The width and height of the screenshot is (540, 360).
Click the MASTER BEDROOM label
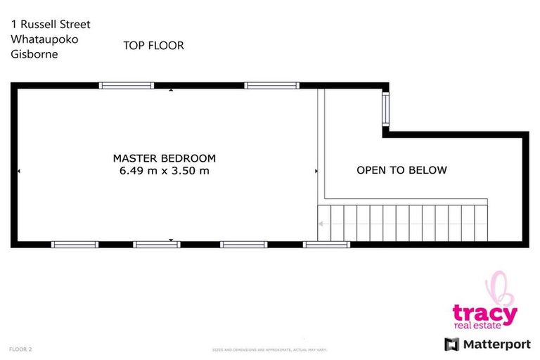[x=165, y=158]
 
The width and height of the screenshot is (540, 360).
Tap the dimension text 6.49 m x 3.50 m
[x=165, y=171]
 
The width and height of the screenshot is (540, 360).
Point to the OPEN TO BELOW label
[x=401, y=170]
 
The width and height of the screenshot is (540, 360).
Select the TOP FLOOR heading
[x=153, y=46]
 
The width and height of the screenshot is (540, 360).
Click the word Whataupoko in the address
[x=44, y=39]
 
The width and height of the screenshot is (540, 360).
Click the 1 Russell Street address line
[x=51, y=24]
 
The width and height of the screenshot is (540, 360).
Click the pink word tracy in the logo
[x=484, y=313]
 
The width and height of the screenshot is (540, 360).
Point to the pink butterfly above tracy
[x=499, y=289]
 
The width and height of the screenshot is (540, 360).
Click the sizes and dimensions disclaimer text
[x=270, y=349]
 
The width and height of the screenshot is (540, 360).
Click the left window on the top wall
[x=126, y=86]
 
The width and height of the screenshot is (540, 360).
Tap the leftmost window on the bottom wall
[x=75, y=245]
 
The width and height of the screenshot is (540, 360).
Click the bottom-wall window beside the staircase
[x=326, y=245]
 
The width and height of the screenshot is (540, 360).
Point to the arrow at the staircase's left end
[x=321, y=224]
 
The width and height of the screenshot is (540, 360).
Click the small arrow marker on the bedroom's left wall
[x=19, y=171]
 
